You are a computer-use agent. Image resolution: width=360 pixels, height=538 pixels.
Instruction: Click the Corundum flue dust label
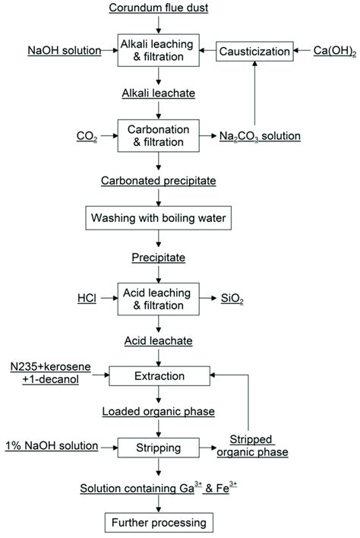(157, 9)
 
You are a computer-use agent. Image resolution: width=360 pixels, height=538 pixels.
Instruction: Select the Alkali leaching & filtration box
(157, 51)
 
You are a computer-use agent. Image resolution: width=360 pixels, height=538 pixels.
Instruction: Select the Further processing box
(157, 523)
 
